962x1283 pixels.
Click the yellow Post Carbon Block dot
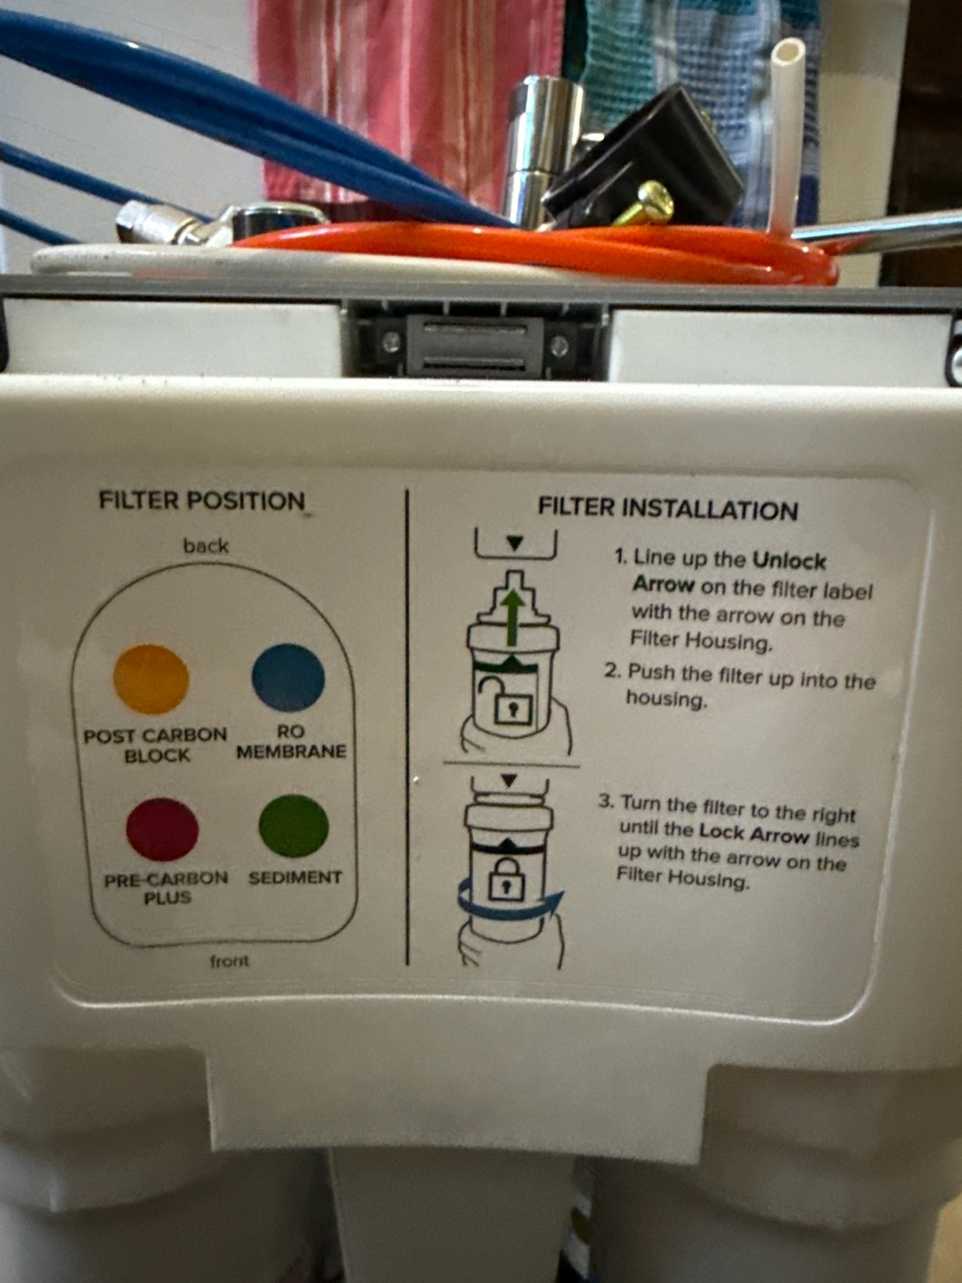151,679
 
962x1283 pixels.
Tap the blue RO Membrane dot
288,677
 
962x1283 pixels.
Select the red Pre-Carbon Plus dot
162,830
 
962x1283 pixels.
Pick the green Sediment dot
294,826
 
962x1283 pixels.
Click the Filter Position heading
202,501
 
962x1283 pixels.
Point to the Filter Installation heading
668,509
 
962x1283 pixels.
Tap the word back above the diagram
206,546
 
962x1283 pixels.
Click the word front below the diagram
229,961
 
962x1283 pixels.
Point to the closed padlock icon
505,877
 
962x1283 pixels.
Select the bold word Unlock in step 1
789,561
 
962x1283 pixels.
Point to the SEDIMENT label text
295,878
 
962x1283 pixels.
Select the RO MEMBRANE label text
291,742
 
